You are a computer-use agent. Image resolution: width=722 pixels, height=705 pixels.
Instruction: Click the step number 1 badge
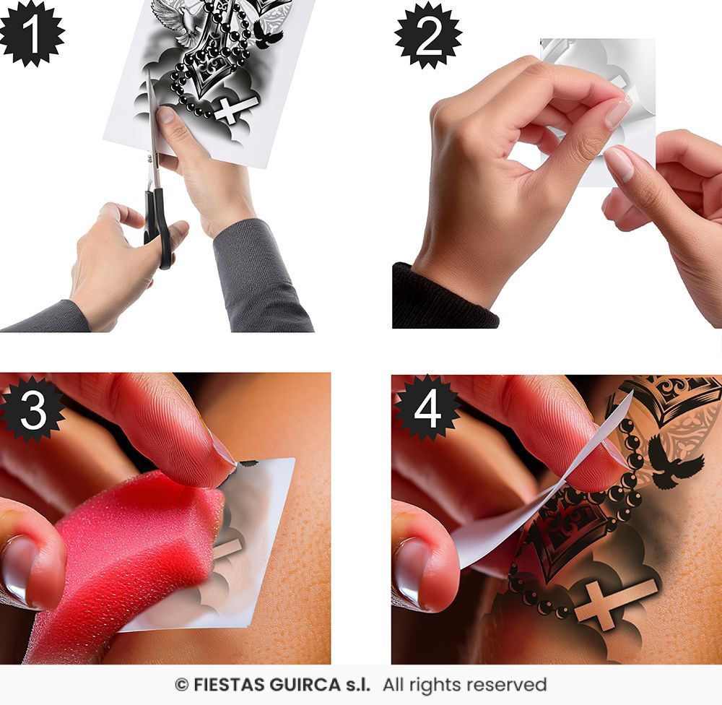(31, 33)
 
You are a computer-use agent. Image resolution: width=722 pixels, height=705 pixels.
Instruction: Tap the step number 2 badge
(429, 35)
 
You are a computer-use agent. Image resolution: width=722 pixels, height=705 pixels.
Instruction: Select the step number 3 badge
(32, 410)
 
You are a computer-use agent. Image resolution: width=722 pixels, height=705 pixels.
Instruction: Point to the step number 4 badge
(427, 409)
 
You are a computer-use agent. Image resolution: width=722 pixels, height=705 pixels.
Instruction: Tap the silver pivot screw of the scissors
(149, 159)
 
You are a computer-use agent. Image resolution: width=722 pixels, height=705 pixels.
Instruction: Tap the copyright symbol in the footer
(181, 685)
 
